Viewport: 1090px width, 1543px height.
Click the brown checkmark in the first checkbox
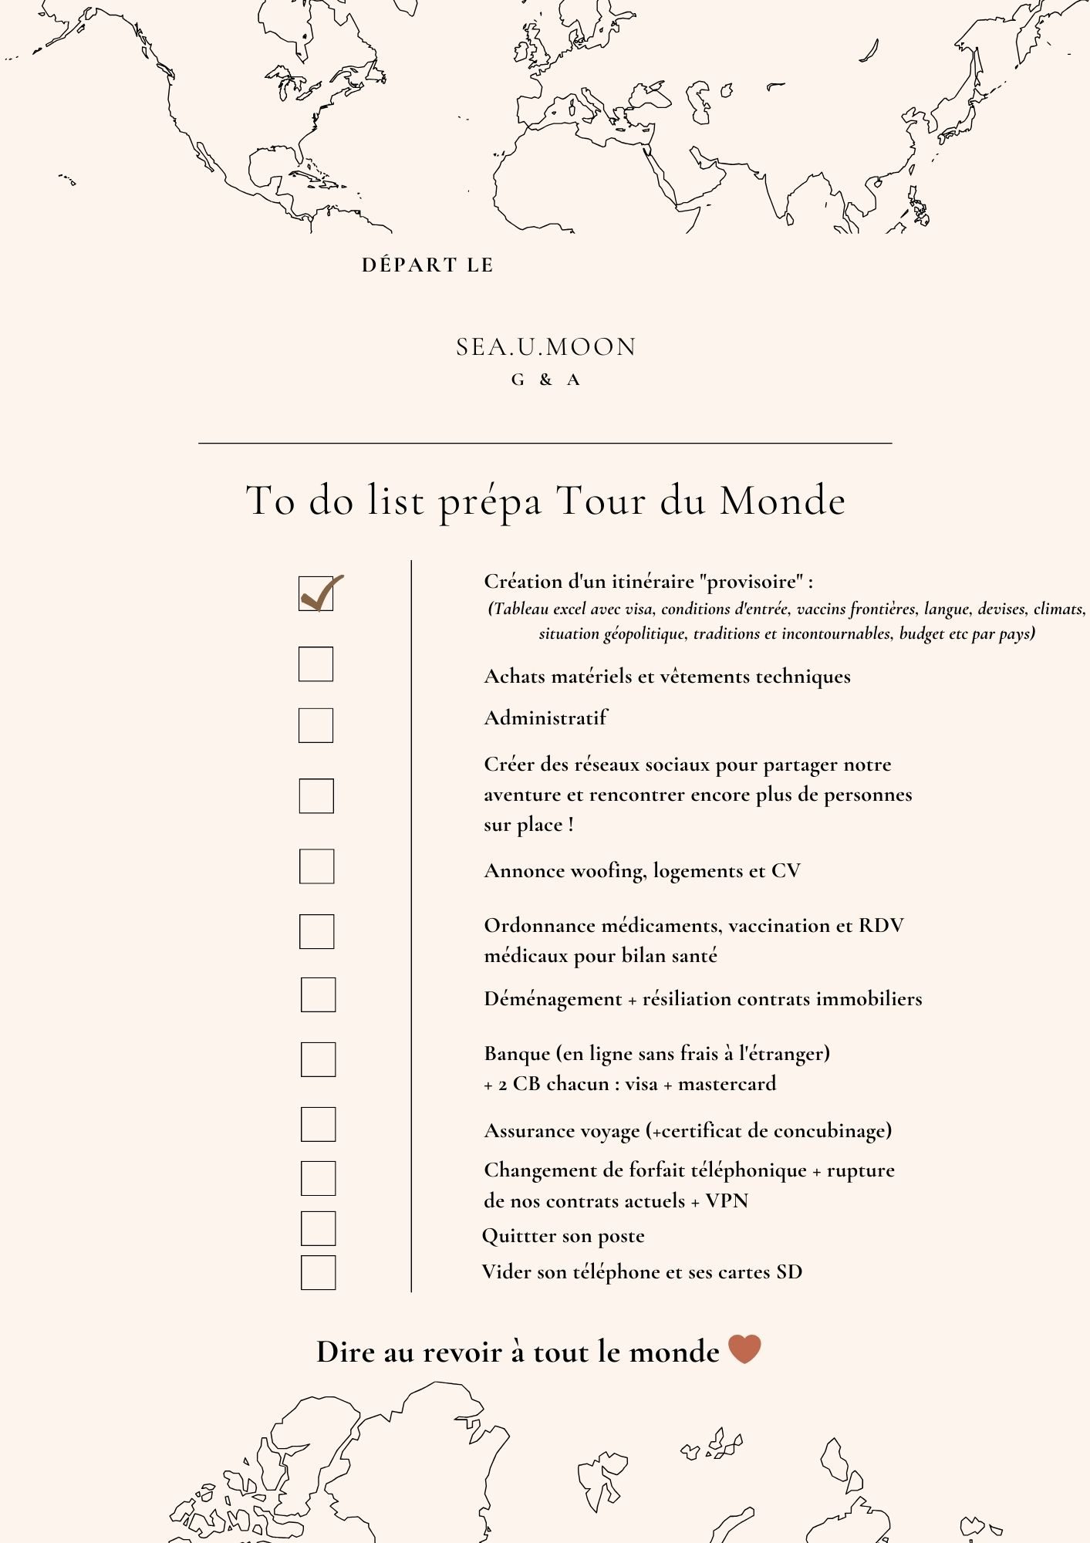pos(319,593)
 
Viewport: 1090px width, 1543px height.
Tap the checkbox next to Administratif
pos(316,725)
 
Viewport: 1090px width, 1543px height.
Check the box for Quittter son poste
pos(318,1228)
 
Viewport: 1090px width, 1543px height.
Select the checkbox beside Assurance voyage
pos(318,1124)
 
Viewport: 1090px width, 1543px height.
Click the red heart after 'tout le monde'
pos(744,1349)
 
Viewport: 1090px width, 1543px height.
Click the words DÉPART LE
pos(427,265)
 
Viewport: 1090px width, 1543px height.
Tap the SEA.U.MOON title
pos(545,347)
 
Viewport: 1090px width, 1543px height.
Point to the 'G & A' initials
pos(545,380)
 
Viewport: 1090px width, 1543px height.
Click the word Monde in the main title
pos(782,501)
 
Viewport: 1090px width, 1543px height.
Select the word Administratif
pos(545,718)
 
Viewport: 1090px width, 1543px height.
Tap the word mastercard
pos(727,1084)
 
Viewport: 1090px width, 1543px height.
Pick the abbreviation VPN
pos(727,1201)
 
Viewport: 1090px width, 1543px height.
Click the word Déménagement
pos(552,999)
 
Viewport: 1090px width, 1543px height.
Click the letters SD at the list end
pos(788,1272)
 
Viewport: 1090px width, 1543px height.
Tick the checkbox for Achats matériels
pos(316,663)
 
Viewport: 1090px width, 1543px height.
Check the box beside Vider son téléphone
pos(318,1272)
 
